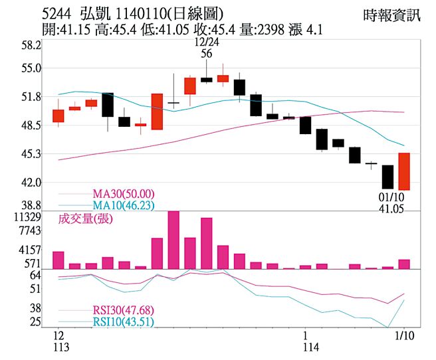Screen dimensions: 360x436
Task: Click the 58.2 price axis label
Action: coord(31,45)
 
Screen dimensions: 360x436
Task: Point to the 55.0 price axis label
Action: coord(31,68)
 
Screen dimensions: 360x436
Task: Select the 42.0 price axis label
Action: coord(31,182)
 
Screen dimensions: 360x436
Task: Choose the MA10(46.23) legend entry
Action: coord(123,205)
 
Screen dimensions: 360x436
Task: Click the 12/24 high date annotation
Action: coord(206,42)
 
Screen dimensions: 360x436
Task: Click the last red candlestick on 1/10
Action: coord(404,171)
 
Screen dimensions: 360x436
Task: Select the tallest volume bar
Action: coord(173,240)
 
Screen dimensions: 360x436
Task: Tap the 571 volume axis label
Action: coord(33,263)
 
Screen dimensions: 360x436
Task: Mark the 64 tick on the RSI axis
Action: coord(36,274)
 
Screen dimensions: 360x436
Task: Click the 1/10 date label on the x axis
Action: coord(404,335)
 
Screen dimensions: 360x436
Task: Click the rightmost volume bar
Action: coord(404,264)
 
